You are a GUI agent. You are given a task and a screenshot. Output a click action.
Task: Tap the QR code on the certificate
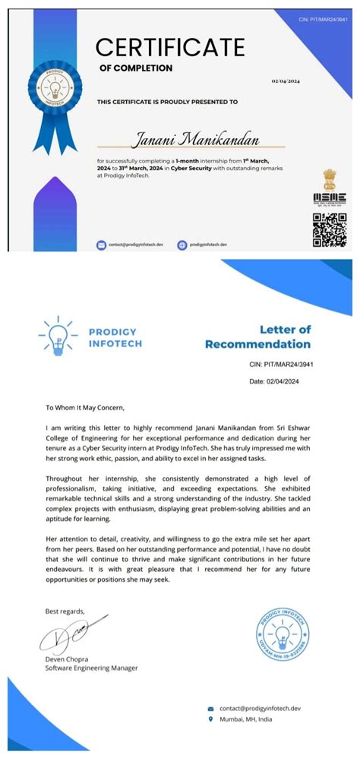[329, 230]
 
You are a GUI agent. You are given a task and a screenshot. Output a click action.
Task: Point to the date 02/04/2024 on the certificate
[286, 81]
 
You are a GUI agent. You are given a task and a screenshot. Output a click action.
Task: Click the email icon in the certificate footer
[101, 245]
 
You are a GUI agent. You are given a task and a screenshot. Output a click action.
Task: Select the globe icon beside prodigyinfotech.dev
[182, 245]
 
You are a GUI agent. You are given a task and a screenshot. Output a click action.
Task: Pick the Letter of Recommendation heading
[257, 336]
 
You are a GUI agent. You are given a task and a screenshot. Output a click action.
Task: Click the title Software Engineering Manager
[92, 668]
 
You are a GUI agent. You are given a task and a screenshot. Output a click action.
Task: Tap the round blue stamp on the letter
[278, 635]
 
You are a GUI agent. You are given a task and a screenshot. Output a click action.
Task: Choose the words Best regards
[65, 611]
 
